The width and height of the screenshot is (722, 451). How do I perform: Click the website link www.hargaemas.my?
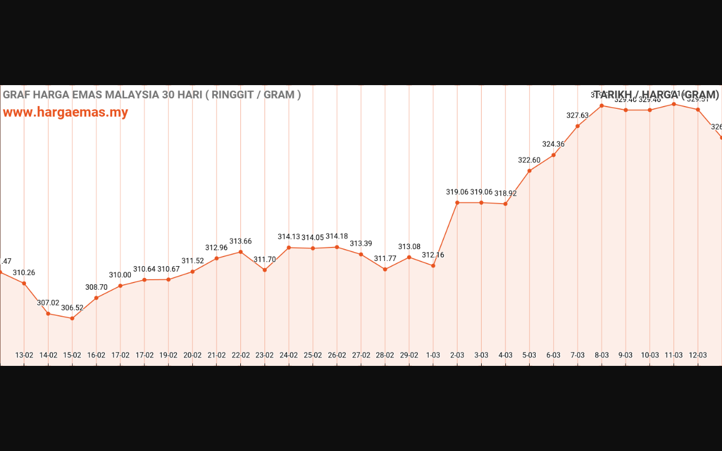(65, 112)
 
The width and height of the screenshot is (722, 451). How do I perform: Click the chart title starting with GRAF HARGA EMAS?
(152, 95)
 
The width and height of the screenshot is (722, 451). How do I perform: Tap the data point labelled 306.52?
(72, 319)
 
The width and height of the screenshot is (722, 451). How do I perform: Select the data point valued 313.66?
(241, 252)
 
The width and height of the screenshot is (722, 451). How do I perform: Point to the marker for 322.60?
(529, 171)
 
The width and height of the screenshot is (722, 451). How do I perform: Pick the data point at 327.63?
(578, 126)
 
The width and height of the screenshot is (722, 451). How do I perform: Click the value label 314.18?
(337, 236)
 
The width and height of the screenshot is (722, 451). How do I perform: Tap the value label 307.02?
(48, 303)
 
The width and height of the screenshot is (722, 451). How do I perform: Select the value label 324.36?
(553, 144)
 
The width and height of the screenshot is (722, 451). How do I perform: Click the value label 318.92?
(505, 193)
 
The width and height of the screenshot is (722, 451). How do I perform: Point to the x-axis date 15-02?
(72, 355)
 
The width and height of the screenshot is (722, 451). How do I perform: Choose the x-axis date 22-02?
(241, 355)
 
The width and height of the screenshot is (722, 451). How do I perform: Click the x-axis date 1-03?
(433, 355)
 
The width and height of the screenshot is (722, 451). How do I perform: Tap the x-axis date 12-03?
(698, 355)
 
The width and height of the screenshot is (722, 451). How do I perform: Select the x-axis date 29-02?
(409, 355)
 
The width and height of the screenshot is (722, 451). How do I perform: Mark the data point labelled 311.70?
(265, 270)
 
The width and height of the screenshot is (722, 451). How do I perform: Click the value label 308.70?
(96, 287)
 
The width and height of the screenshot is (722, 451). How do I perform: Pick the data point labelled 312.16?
(433, 266)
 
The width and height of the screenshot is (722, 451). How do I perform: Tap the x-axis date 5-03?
(529, 355)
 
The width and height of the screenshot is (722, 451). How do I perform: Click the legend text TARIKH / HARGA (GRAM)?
(656, 95)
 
